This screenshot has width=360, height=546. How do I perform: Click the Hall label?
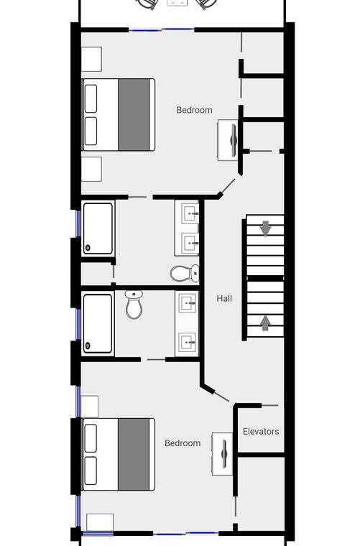224,298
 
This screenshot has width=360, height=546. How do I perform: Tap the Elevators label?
261,432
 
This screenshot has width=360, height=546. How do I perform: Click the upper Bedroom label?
194,110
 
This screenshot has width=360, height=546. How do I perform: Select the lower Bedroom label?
183,443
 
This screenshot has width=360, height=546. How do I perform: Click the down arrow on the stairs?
266,228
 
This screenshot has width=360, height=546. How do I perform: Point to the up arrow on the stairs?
265,323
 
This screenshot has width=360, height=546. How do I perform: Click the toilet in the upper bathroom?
185,273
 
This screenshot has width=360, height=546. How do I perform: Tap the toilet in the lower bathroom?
134,305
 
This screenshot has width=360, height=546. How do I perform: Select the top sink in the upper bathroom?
190,213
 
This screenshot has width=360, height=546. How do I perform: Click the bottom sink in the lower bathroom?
188,342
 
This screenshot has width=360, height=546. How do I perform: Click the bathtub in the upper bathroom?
98,228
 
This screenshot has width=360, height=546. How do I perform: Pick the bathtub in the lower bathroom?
98,323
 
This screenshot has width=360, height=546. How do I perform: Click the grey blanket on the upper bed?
134,114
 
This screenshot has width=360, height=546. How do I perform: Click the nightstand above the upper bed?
91,59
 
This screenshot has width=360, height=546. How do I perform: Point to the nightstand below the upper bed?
91,169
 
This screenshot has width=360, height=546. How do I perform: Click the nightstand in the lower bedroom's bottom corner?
100,522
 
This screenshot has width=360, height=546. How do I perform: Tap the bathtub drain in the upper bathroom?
88,247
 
